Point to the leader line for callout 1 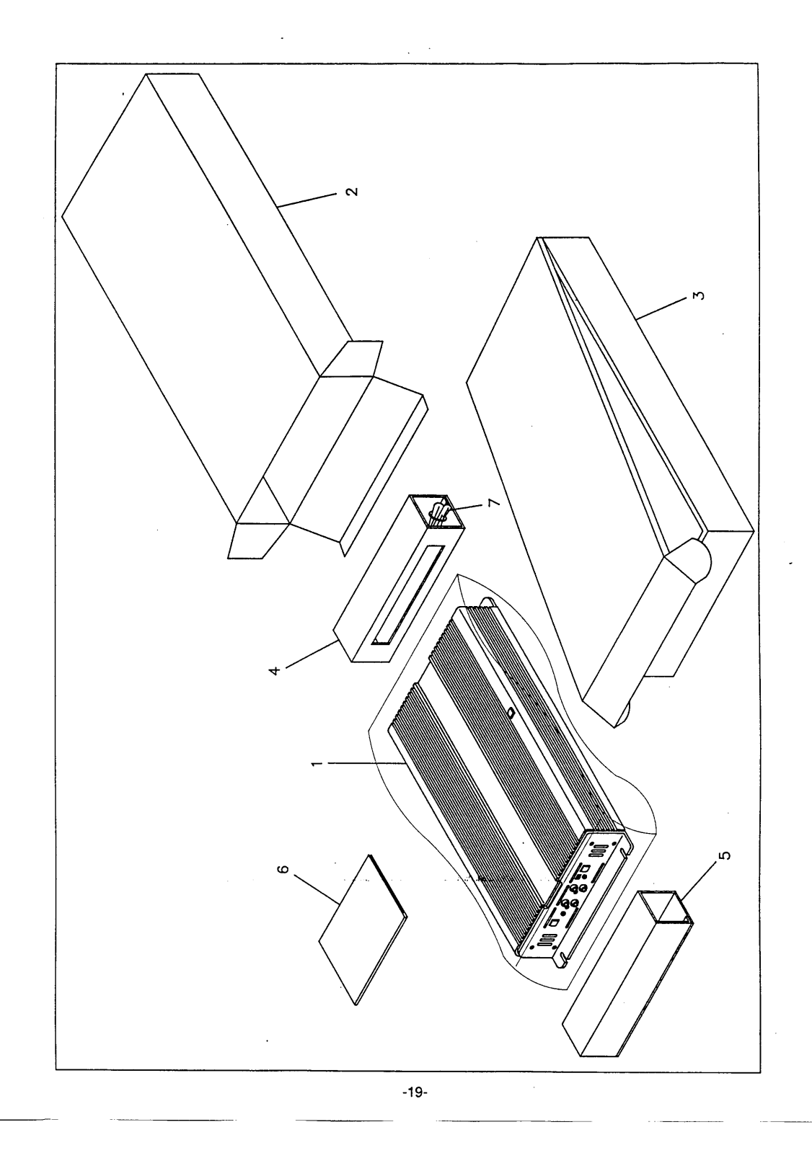pyautogui.click(x=361, y=764)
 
